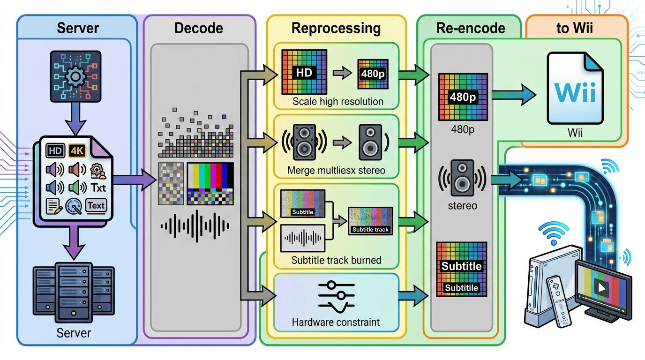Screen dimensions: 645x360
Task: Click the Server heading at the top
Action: click(x=78, y=28)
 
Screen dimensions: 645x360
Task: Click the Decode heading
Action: click(x=199, y=28)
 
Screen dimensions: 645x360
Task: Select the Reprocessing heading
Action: click(x=336, y=29)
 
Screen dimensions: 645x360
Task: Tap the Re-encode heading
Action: click(x=471, y=28)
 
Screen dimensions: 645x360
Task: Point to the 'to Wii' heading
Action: click(x=575, y=28)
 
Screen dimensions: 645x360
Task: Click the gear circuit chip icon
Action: click(x=75, y=76)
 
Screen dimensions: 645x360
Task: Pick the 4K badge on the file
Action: click(x=77, y=150)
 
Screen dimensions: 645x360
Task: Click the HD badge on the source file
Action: click(x=55, y=150)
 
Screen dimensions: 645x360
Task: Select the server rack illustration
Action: click(x=74, y=292)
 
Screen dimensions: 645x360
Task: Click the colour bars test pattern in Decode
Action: click(x=210, y=184)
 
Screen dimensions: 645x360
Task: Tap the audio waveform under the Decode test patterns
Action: click(x=195, y=226)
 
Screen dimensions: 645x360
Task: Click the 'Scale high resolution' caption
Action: click(x=338, y=101)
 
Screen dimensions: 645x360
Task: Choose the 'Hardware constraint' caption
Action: click(x=336, y=322)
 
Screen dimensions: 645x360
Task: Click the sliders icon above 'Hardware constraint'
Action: click(x=336, y=297)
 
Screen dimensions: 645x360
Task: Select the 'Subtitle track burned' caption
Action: click(x=336, y=260)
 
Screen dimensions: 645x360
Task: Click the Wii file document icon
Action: click(x=575, y=88)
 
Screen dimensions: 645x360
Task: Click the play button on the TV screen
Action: click(x=601, y=287)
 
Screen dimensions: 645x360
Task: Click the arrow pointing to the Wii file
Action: click(x=514, y=95)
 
